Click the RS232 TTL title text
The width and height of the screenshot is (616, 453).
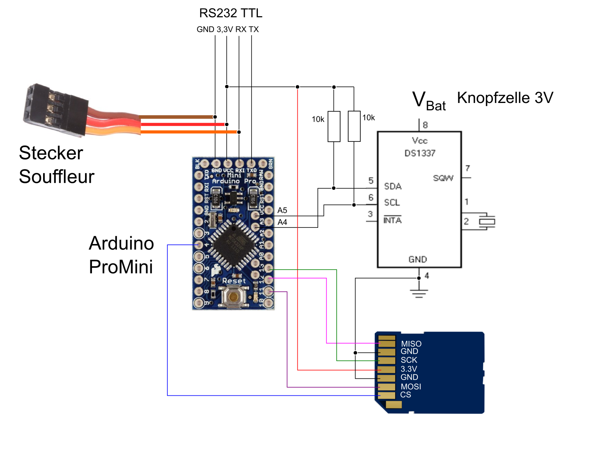coord(230,13)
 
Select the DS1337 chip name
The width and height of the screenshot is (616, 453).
coord(420,153)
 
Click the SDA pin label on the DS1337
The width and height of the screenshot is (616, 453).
coord(393,186)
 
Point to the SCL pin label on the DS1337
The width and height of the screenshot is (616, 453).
coord(392,202)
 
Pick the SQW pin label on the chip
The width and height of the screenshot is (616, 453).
coord(443,178)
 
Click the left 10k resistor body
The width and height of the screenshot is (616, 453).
coord(334,126)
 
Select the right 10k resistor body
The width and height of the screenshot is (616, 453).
coord(354,126)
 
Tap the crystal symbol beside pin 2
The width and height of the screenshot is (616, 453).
coord(487,222)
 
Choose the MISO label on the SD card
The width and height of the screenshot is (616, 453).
coord(411,344)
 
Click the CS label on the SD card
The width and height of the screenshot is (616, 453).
coord(406,395)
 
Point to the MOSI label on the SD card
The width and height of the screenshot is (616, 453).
coord(411,387)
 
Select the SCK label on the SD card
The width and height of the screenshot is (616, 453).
coord(409,360)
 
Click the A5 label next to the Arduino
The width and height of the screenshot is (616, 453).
coord(282,210)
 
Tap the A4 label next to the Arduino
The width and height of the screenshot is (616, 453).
coord(282,222)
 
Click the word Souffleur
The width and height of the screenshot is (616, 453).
coord(57,177)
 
